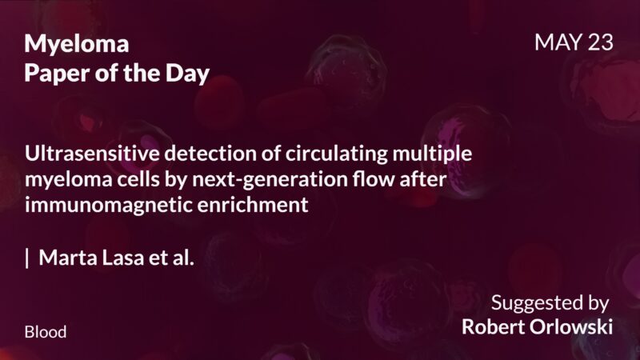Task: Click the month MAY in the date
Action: point(558,43)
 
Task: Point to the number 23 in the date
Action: point(600,43)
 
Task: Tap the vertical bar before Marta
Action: point(28,258)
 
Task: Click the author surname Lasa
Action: point(119,258)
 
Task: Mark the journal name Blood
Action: point(46,331)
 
